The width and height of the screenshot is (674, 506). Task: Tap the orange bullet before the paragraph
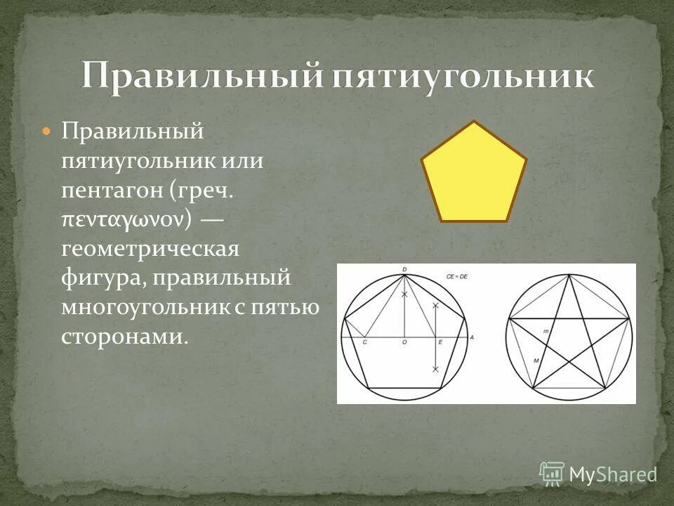(46, 131)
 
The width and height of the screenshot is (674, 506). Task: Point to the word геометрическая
(150, 249)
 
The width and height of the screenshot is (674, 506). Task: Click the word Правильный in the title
(200, 76)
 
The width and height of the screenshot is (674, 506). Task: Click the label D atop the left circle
(405, 270)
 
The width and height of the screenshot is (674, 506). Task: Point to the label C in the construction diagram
(364, 342)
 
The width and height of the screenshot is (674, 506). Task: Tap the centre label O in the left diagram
(404, 342)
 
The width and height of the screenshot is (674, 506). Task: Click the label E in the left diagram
(440, 342)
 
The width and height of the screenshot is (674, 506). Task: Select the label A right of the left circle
(472, 337)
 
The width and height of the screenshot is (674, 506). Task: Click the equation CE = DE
(456, 278)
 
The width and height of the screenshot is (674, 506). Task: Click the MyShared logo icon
(552, 474)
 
